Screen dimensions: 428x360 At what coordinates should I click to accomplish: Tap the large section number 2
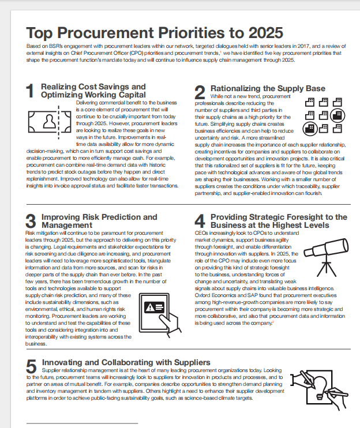[200, 92]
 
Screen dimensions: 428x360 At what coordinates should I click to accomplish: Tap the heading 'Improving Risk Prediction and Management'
[99, 220]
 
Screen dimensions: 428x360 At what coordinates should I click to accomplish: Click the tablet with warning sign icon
[158, 310]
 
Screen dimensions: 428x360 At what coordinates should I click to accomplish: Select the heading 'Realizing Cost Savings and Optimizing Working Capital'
[93, 90]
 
